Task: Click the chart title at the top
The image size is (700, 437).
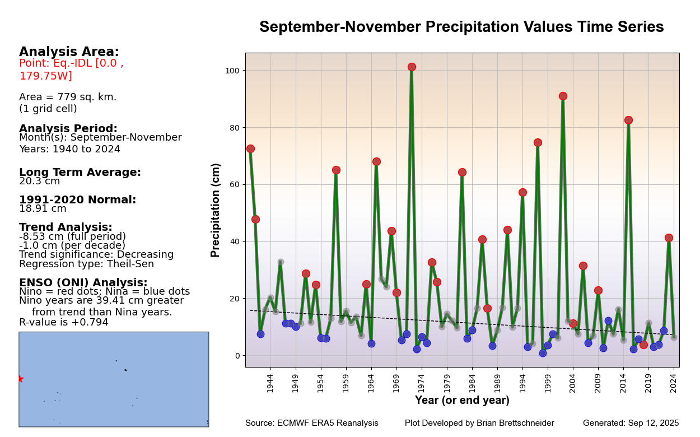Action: pos(461,27)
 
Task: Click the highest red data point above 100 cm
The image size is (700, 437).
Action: pos(412,67)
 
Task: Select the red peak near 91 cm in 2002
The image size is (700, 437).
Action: pos(563,96)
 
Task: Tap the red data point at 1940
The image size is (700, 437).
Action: pos(250,148)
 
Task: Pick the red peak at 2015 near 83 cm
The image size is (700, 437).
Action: pos(628,120)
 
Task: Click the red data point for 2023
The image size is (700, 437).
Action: pos(669,238)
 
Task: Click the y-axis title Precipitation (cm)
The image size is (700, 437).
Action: pos(216,210)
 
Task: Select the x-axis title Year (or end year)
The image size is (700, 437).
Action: pos(462,401)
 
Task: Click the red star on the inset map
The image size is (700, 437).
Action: pos(20,379)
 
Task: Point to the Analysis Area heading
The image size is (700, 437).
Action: pos(69,52)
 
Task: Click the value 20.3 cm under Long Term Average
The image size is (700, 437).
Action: pos(39,182)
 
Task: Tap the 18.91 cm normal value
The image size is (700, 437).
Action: pos(43,209)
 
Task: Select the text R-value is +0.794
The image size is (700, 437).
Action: pos(64,323)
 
